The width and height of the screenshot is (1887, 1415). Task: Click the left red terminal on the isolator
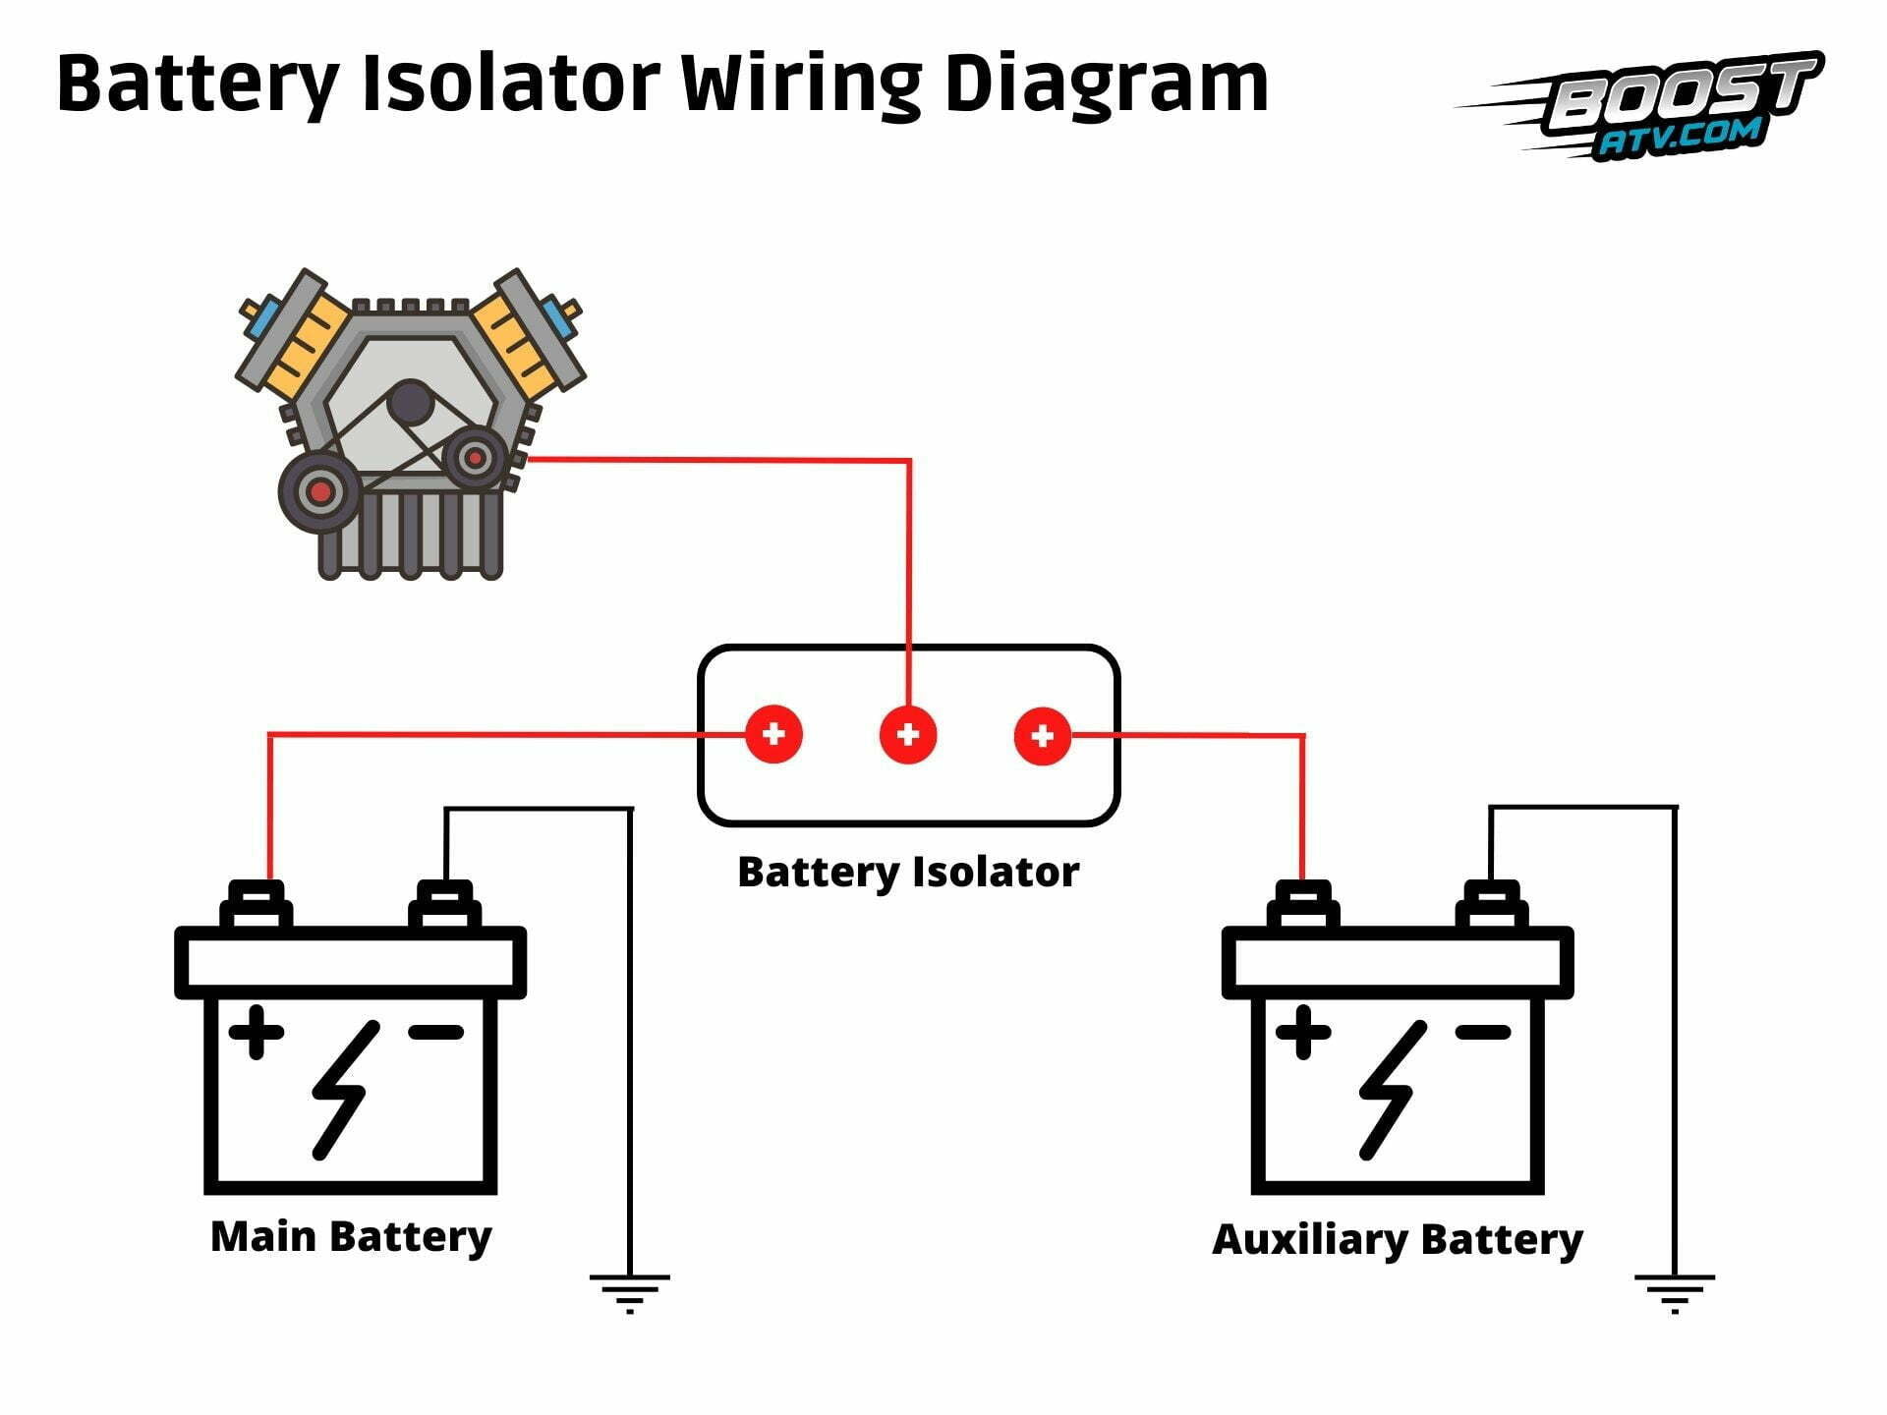coord(773,734)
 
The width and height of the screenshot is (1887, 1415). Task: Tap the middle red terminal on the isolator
coord(908,734)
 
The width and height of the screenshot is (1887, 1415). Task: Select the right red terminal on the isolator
coord(1043,734)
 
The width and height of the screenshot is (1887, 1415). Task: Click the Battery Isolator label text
coord(908,872)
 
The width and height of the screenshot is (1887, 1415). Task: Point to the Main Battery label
coord(351,1236)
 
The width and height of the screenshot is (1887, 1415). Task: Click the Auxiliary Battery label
coord(1397,1239)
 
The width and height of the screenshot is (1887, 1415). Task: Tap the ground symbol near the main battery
coord(629,1291)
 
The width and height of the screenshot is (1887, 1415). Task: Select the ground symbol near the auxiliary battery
coord(1675,1291)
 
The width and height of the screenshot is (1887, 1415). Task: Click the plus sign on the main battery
coord(257,1032)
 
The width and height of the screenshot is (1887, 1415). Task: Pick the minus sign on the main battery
coord(435,1032)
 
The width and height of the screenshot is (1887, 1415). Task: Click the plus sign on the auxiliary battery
coord(1303,1032)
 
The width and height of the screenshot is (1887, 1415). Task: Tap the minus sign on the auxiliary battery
coord(1482,1032)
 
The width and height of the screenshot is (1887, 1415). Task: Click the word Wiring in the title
coord(801,84)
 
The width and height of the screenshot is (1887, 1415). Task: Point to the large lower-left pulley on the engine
coord(319,490)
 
